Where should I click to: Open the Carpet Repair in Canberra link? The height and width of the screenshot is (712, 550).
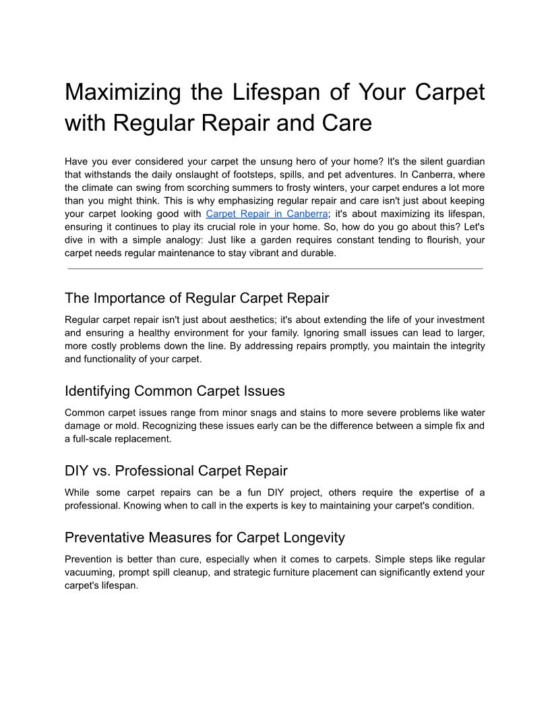[266, 214]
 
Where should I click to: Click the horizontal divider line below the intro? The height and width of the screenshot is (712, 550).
[275, 268]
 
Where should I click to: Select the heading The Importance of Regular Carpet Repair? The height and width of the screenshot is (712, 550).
[197, 298]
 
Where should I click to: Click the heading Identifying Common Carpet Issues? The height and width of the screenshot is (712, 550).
[175, 391]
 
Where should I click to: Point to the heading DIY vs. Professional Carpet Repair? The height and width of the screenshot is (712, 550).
[176, 471]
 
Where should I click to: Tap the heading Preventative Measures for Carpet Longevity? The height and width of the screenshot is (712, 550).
[205, 537]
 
